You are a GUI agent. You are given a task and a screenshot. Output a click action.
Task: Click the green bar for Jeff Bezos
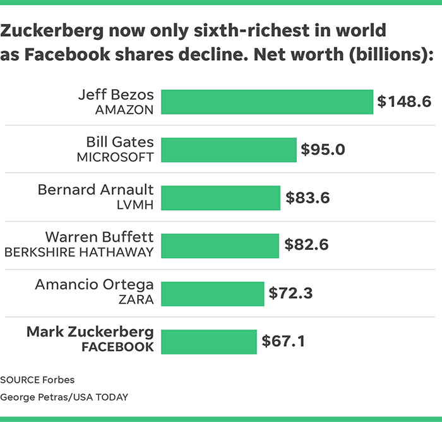pos(267,102)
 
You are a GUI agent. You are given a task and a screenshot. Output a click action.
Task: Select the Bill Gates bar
pos(229,150)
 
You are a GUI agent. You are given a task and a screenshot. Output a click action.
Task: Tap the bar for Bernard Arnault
pos(221,198)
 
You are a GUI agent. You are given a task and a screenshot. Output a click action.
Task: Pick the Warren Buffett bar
pos(220,245)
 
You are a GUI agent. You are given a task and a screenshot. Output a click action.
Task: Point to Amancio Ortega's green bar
pos(213,294)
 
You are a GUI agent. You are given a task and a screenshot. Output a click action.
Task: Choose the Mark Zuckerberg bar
pos(209,342)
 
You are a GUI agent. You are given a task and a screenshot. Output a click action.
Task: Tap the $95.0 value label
pos(323,150)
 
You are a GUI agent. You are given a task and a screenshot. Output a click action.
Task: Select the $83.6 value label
pos(308,198)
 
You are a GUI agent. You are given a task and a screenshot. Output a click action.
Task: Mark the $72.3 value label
pos(290,294)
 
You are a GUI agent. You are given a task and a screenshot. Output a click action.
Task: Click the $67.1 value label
pos(284,342)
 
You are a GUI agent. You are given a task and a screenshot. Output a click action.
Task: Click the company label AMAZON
pos(124,110)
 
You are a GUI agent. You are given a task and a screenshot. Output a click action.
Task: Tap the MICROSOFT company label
pos(115,158)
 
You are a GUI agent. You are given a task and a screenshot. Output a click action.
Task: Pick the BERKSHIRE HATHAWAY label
pos(79,252)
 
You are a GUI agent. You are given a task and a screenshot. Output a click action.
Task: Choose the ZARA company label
pos(136,300)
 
